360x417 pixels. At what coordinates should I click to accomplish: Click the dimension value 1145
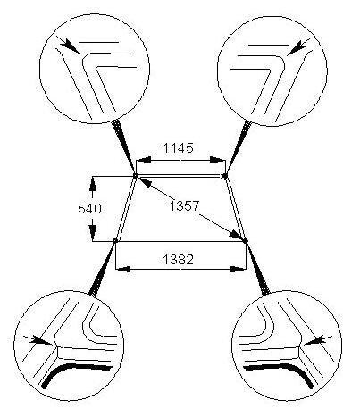click(178, 147)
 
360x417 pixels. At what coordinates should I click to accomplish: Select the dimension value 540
click(89, 209)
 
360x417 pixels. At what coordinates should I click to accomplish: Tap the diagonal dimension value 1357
click(184, 205)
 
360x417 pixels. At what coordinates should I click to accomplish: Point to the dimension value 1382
click(178, 260)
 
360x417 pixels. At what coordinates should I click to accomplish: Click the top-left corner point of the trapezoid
click(135, 175)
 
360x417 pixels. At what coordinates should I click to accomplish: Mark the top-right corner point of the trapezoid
click(225, 175)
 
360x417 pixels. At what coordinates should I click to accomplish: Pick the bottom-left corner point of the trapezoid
click(115, 240)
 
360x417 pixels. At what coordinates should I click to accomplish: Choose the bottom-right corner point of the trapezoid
click(246, 240)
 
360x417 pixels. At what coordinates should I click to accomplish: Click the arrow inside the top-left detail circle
click(71, 46)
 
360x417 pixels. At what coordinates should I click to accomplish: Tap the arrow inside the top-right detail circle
click(298, 46)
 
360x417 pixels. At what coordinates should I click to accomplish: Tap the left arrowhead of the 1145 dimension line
click(144, 160)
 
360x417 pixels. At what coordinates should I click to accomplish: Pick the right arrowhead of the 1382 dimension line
click(239, 269)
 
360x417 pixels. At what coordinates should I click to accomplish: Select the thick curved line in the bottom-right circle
click(283, 369)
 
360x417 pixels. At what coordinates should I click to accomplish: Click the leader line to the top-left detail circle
click(124, 148)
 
